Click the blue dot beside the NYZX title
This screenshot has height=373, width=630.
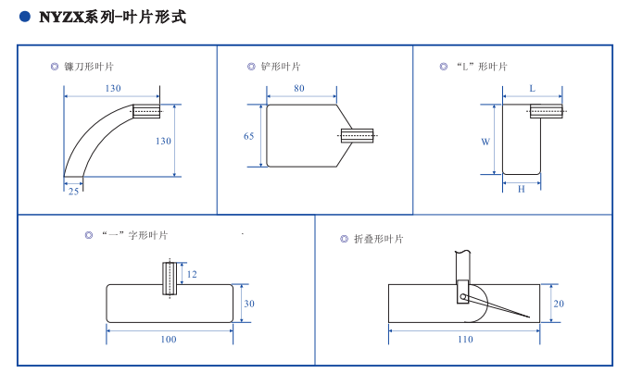25,17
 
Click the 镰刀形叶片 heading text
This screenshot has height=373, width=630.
89,67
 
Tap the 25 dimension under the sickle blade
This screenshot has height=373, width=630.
73,192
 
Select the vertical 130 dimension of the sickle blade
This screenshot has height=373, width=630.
163,141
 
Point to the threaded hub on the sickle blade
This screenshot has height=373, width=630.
146,111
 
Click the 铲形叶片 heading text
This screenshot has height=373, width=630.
281,67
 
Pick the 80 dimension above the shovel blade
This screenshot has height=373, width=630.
299,88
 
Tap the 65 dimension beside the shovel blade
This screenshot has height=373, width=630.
248,136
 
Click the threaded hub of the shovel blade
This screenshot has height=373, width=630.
358,136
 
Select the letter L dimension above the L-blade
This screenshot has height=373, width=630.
533,88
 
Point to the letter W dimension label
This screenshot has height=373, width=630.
485,142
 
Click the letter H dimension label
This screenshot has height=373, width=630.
521,189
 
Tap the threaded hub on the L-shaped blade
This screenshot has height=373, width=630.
546,111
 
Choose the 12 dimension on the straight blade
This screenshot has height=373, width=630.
192,274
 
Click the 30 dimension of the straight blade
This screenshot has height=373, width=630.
249,304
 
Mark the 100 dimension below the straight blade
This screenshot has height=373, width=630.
169,340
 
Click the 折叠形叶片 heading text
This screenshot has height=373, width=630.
379,239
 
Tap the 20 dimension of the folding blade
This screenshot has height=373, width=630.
559,304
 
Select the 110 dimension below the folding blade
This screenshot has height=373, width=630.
465,340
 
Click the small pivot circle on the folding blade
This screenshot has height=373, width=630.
463,297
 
